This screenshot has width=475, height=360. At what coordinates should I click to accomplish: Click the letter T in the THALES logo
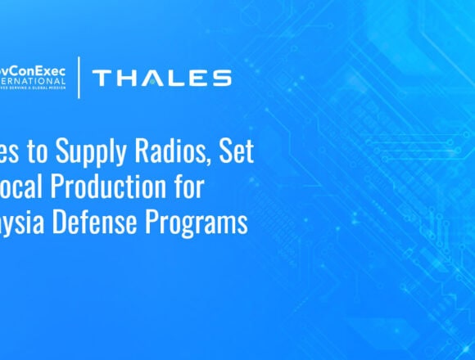(102, 79)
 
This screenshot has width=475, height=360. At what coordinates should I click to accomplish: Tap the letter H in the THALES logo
(126, 79)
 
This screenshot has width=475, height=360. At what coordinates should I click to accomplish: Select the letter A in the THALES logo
(152, 79)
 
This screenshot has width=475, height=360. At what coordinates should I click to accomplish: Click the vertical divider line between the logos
(79, 78)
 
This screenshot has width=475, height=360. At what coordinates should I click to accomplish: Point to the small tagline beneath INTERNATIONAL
(33, 90)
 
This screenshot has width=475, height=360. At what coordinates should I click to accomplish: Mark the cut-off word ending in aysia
(25, 223)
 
